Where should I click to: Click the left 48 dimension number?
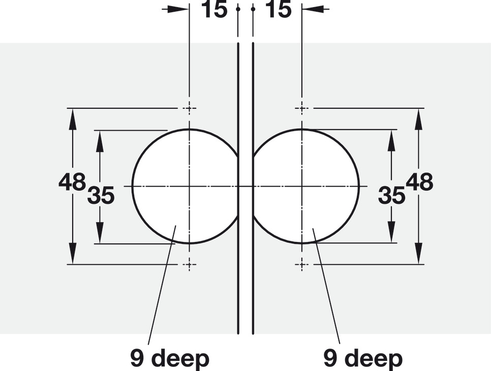coord(72,182)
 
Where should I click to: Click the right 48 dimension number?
coord(419,182)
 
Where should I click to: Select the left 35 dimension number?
coord(101,195)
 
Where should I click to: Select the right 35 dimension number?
coord(391,195)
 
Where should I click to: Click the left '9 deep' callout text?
coord(170,359)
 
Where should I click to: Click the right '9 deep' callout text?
coord(363,359)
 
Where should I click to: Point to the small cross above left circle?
coord(190,108)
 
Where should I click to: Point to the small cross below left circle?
coord(190,264)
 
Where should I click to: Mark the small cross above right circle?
coord(302,108)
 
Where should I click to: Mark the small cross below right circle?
coord(302,264)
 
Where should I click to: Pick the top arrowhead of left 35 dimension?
coord(100,139)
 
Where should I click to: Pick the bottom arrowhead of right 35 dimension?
coord(391,233)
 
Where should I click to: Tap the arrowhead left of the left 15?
coord(179,9)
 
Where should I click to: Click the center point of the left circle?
coord(190,187)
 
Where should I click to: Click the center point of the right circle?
coord(302,187)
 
